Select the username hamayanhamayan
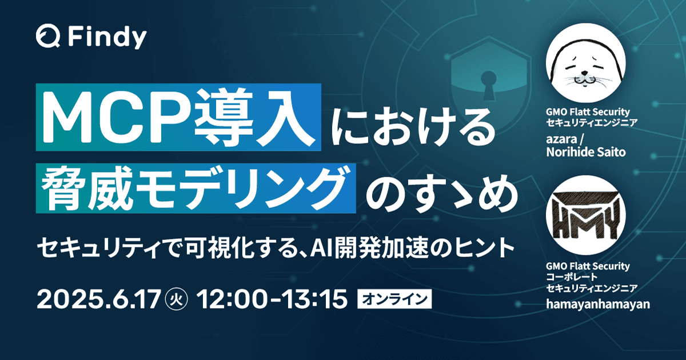598,304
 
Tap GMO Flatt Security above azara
588,112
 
